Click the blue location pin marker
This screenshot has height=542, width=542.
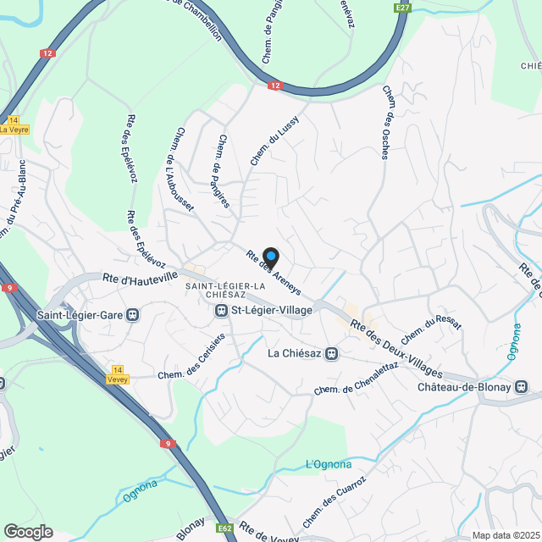(x=270, y=256)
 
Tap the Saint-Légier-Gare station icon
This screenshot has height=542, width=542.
(x=132, y=315)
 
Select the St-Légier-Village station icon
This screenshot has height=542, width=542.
(x=220, y=311)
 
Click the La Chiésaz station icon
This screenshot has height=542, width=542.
(x=333, y=353)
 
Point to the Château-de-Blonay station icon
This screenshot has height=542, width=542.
(x=522, y=387)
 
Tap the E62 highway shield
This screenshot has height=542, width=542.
(x=224, y=528)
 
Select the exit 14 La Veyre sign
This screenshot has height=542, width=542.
(x=14, y=124)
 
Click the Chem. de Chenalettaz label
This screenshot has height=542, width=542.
(x=356, y=378)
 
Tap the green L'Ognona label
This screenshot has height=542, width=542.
(x=328, y=463)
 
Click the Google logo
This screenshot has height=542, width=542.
(x=28, y=531)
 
